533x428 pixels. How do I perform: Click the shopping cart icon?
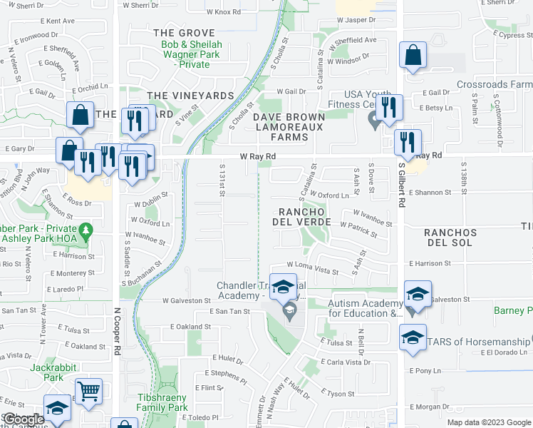(88, 390)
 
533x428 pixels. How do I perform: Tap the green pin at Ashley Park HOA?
(86, 231)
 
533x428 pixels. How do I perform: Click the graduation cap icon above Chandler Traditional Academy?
(283, 287)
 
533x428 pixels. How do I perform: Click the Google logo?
(23, 419)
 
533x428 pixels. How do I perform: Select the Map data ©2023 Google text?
(487, 422)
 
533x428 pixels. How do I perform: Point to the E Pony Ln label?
(425, 371)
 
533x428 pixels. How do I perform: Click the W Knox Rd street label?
(224, 12)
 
